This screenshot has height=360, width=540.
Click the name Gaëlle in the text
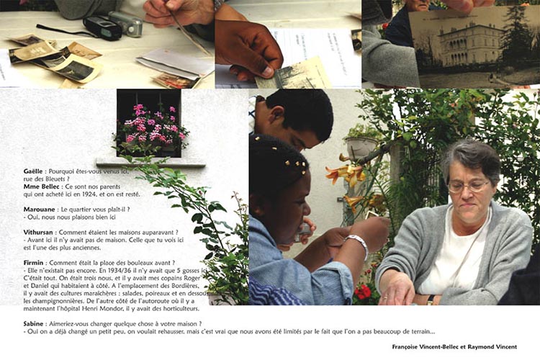pyautogui.click(x=33, y=171)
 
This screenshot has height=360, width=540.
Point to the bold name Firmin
pyautogui.click(x=33, y=263)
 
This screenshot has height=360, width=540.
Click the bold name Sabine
pyautogui.click(x=33, y=324)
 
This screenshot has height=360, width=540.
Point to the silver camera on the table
pyautogui.click(x=126, y=23)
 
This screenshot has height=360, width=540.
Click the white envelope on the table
pyautogui.click(x=175, y=63)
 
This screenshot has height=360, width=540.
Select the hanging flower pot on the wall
pyautogui.click(x=361, y=146)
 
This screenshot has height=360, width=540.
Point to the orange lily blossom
pyautogui.click(x=346, y=172)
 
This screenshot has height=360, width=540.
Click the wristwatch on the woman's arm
pyautogui.click(x=431, y=300)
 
